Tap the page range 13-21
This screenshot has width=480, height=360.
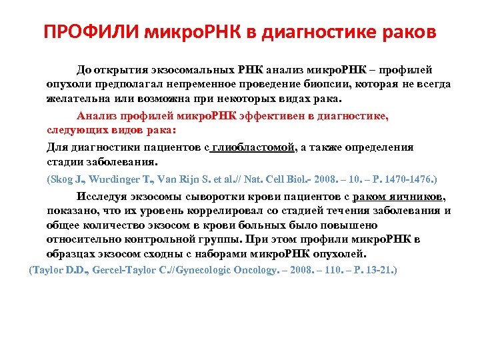click(x=379, y=270)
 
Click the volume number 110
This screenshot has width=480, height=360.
click(x=325, y=270)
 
